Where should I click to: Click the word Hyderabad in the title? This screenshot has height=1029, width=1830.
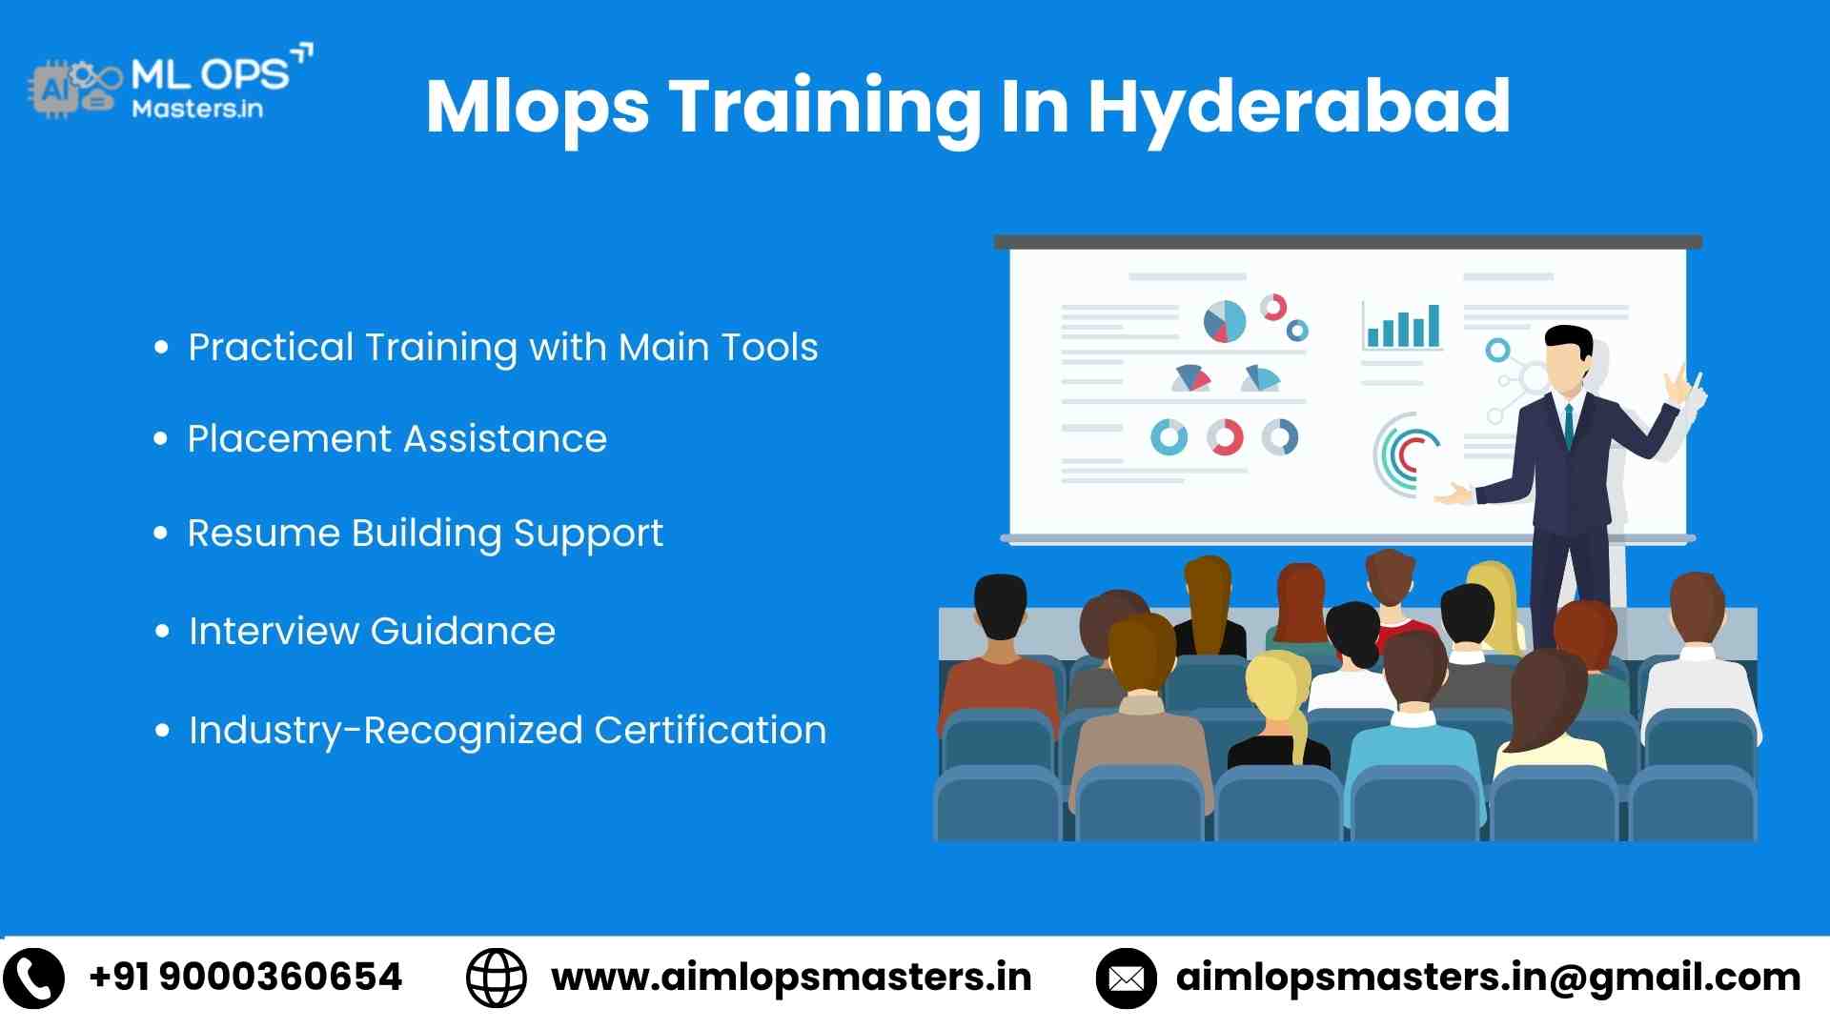click(1298, 107)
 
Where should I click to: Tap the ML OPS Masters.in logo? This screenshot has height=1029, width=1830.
click(172, 83)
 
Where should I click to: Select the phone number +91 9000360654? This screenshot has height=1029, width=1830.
click(245, 978)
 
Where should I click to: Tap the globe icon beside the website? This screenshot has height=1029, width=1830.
click(496, 979)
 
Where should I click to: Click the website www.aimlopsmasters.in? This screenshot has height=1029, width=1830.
click(791, 978)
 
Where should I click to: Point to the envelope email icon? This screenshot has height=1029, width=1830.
click(1126, 979)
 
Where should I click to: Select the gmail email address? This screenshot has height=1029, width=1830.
click(1488, 978)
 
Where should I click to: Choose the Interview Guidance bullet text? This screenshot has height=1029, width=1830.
click(372, 632)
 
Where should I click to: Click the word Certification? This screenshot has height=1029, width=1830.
click(710, 731)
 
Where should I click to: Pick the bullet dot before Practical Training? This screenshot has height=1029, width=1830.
click(161, 348)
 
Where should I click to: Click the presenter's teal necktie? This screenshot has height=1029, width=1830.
click(1569, 425)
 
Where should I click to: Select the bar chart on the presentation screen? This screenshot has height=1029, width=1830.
click(1402, 327)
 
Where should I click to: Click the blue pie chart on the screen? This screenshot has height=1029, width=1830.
click(1225, 322)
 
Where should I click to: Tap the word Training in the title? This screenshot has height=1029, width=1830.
click(824, 107)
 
